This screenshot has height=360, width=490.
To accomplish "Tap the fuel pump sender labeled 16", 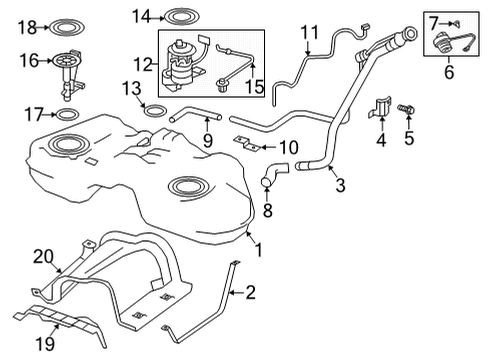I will (68, 70).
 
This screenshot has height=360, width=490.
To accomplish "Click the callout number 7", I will (436, 20).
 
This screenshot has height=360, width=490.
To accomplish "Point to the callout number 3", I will (340, 184).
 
